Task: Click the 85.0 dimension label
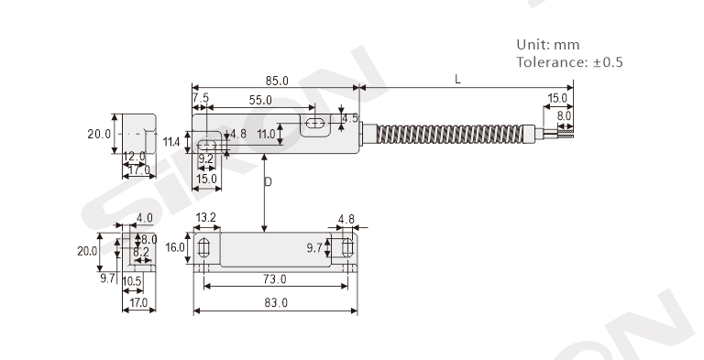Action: (277, 81)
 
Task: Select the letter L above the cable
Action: (457, 80)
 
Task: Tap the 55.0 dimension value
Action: (260, 100)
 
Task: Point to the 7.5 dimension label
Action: (201, 97)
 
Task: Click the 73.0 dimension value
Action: (275, 279)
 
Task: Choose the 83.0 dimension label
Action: (276, 302)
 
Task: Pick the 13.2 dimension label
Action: (206, 218)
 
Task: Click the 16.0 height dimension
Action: (175, 247)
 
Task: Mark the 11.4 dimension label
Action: (171, 142)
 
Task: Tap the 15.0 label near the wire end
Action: (557, 98)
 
